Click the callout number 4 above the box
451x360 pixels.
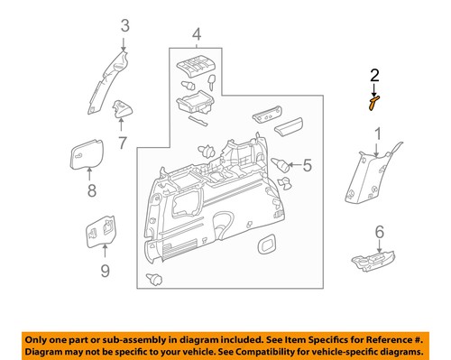click(x=195, y=36)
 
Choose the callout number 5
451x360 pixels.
click(x=307, y=165)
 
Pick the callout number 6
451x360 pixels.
click(x=379, y=231)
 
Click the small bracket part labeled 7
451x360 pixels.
click(x=121, y=111)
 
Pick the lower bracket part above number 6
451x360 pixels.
click(x=371, y=260)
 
